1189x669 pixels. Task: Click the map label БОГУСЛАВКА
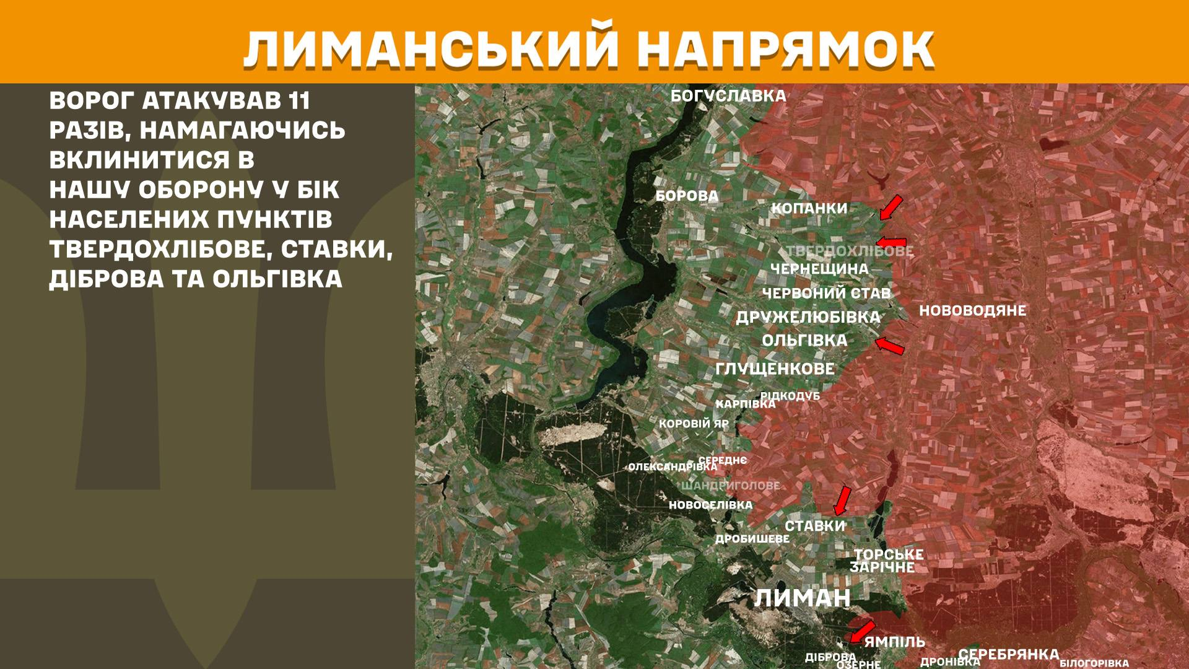coord(728,96)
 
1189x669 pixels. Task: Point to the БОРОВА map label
coord(687,196)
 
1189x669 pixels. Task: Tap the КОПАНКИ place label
coord(809,208)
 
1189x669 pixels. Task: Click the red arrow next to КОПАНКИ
coord(891,208)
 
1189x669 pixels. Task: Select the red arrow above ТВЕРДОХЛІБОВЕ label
coord(891,242)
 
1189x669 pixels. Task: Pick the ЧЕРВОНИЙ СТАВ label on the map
coord(826,293)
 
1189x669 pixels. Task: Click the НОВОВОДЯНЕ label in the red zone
coord(972,310)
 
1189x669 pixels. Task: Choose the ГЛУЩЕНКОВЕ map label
coord(775,369)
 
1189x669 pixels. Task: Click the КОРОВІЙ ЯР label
coord(694,424)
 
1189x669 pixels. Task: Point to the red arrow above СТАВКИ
coord(842,501)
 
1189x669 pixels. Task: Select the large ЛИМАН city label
coord(802,598)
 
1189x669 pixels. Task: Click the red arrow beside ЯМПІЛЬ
coord(862,632)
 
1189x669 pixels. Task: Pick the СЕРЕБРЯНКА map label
coord(1008,654)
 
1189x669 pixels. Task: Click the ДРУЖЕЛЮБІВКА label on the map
coord(808,317)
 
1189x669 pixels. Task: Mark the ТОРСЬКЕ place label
coord(889,554)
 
